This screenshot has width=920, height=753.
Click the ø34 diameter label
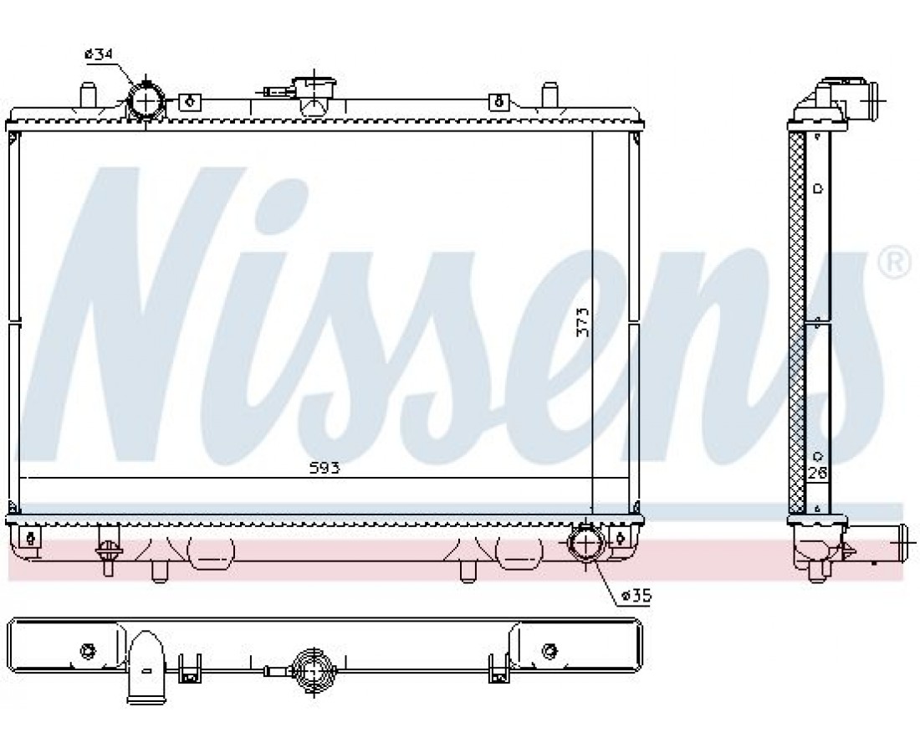(x=99, y=54)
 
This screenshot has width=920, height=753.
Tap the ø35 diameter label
(x=636, y=597)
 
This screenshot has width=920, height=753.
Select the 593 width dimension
(x=325, y=468)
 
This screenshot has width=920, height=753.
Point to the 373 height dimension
(x=583, y=321)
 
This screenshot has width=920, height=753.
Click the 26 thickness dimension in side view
(x=817, y=473)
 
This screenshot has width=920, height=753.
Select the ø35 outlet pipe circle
(x=586, y=543)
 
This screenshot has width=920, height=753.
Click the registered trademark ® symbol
(x=896, y=263)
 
